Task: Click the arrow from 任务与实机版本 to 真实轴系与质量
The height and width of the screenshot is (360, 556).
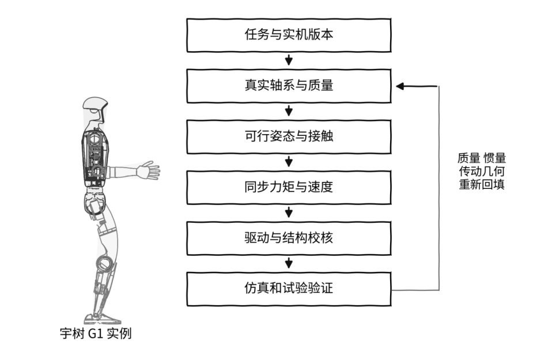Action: [289, 60]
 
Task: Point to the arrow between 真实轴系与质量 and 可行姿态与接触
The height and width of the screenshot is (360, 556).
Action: [289, 111]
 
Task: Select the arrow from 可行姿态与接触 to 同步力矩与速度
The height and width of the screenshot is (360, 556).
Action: [289, 162]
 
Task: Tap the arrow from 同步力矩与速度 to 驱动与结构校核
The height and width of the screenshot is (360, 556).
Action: [289, 213]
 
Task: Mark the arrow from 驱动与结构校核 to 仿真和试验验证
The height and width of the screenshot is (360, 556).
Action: [289, 263]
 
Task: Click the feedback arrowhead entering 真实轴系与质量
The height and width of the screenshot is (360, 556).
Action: [400, 86]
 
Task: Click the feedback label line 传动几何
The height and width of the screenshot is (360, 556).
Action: [482, 171]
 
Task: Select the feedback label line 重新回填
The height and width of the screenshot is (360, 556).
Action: [482, 184]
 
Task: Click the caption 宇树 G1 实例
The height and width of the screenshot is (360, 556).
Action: [96, 334]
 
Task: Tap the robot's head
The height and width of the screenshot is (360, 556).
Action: [94, 110]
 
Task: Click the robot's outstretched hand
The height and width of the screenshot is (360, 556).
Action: [149, 170]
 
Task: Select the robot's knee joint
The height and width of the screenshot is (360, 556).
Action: [104, 264]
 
